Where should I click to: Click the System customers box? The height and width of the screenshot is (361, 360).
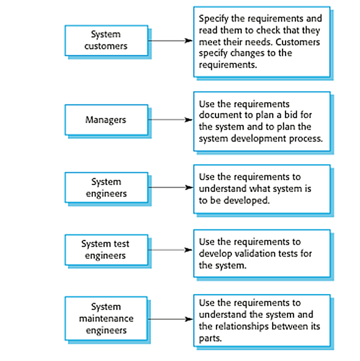coord(106,41)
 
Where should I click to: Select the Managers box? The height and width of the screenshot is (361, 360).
coord(106,119)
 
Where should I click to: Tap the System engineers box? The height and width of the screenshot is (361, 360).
coord(106,188)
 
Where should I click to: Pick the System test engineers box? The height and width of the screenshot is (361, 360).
coord(106,250)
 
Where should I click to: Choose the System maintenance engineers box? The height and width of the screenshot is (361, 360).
coord(106,318)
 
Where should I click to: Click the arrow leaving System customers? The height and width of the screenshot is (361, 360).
coord(170,41)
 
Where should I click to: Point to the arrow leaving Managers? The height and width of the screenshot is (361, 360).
coord(170,119)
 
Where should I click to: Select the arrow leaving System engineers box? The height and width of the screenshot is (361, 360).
coord(170,188)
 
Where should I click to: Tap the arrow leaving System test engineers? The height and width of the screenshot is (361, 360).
coord(170,250)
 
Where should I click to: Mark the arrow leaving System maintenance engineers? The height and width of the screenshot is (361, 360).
coord(170,319)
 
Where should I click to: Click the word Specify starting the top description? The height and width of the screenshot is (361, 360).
coord(214,18)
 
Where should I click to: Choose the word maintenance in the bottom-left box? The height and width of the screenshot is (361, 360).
coord(106,319)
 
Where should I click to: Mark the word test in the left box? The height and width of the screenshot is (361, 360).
coord(121,244)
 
